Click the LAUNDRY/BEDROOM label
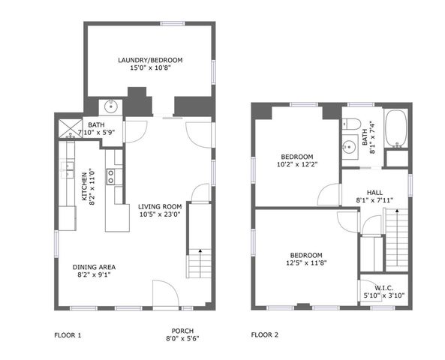150,60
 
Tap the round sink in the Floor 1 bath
111,105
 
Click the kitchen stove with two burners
111,176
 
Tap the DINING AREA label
94,266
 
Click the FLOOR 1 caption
68,334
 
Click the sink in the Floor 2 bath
349,146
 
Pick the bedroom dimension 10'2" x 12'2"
292,161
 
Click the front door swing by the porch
163,292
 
